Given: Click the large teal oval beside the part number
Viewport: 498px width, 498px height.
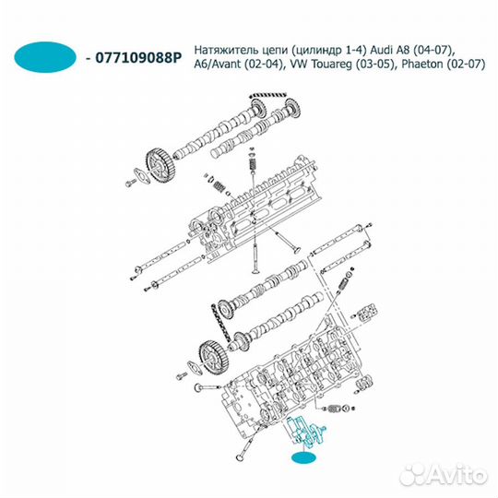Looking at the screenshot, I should [46, 56].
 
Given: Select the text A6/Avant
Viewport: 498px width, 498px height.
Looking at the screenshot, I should [222, 65].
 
